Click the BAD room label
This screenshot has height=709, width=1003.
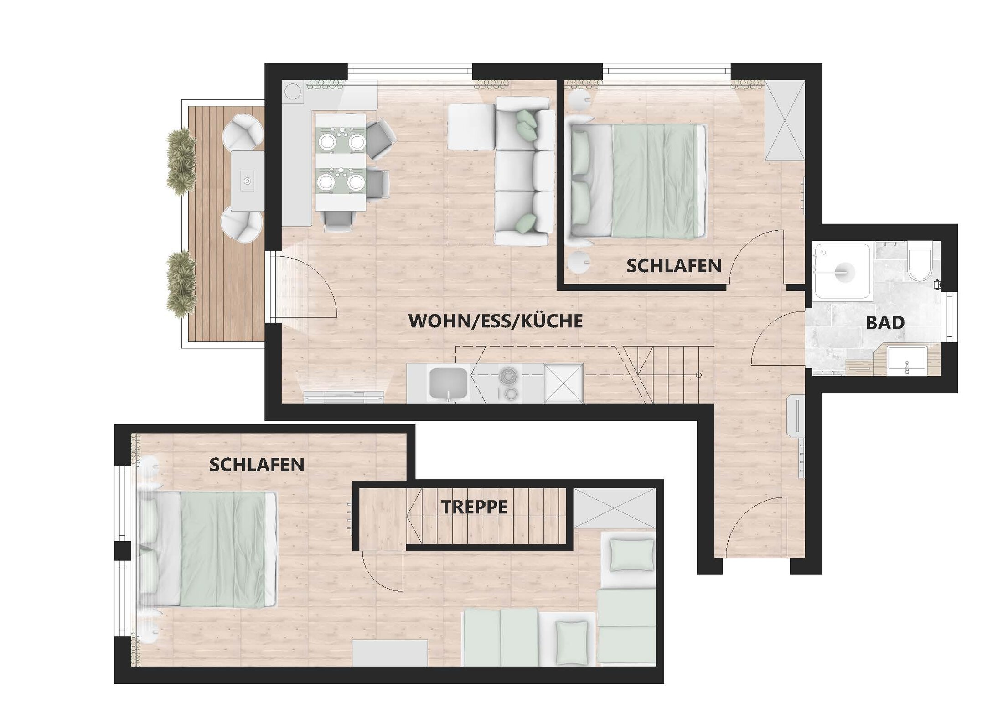click(885, 323)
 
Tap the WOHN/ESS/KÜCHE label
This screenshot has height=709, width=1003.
click(496, 321)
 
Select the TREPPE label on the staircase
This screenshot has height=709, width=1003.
click(474, 507)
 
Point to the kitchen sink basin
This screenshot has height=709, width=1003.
click(448, 383)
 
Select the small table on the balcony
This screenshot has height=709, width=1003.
click(248, 181)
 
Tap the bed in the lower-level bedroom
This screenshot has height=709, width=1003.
click(208, 550)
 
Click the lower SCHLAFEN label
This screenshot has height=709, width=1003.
click(257, 465)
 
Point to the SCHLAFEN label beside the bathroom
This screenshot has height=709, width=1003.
click(674, 266)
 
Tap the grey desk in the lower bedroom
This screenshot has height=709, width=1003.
click(390, 653)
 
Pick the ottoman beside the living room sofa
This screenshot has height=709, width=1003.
click(471, 127)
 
